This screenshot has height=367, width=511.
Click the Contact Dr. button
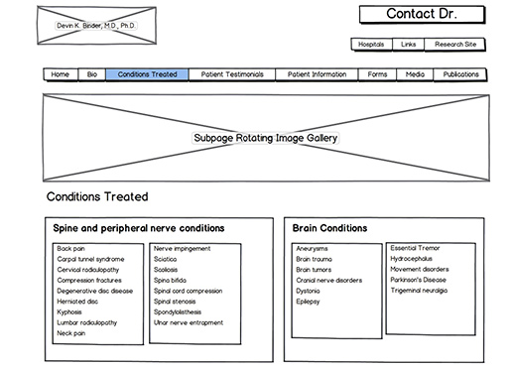coord(421,14)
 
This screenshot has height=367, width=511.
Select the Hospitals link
coord(371,45)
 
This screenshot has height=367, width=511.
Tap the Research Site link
coord(455,45)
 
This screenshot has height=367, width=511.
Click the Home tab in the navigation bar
coord(61,74)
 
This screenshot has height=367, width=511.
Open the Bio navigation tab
coord(91,74)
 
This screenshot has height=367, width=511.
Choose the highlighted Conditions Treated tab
coord(147,74)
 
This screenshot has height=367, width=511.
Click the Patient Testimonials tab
coord(232,74)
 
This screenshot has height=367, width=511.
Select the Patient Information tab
coord(317,74)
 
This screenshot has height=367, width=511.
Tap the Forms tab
coord(377,74)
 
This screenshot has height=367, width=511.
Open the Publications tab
coord(460,74)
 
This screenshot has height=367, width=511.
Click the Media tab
coord(415,74)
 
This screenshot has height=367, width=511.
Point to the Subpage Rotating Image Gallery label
coord(265,139)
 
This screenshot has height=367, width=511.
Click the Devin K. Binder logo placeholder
coord(87,25)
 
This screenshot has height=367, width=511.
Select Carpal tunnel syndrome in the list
coord(90,259)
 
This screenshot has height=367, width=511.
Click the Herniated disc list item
coord(78,302)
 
